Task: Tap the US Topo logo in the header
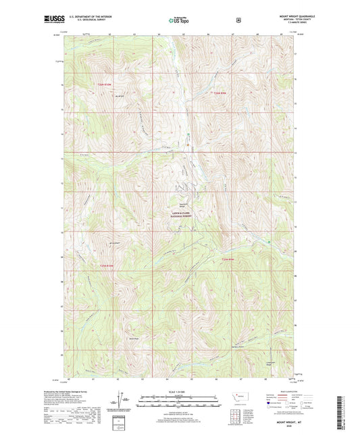(180, 20)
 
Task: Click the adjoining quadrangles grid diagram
(235, 412)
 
